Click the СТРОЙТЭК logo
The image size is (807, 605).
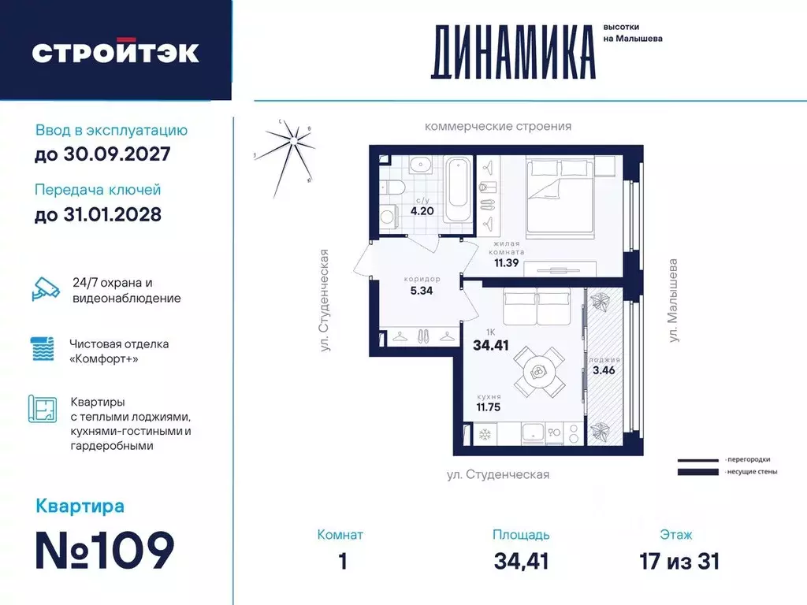(115, 52)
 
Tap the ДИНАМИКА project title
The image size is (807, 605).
(512, 52)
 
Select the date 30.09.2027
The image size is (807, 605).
(102, 154)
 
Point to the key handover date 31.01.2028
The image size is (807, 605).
(98, 213)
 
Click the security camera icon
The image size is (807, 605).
(45, 289)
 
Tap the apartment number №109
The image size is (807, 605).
(105, 549)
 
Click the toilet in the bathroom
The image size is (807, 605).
(391, 187)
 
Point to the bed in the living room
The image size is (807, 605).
(560, 196)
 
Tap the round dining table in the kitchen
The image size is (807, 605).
(540, 370)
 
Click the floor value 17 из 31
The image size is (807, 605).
(680, 561)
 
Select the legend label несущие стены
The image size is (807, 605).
(750, 472)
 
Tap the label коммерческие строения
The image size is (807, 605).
(497, 126)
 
